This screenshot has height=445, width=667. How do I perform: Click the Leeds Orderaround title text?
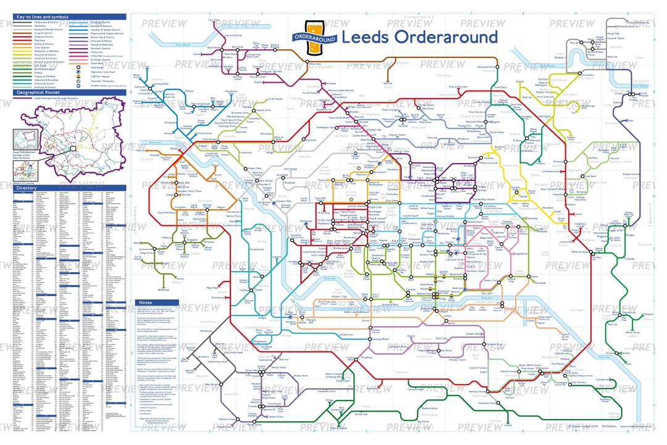tap(419, 36)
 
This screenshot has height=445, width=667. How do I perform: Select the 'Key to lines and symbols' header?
tap(43, 17)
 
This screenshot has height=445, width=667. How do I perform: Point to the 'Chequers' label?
tap(647, 314)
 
